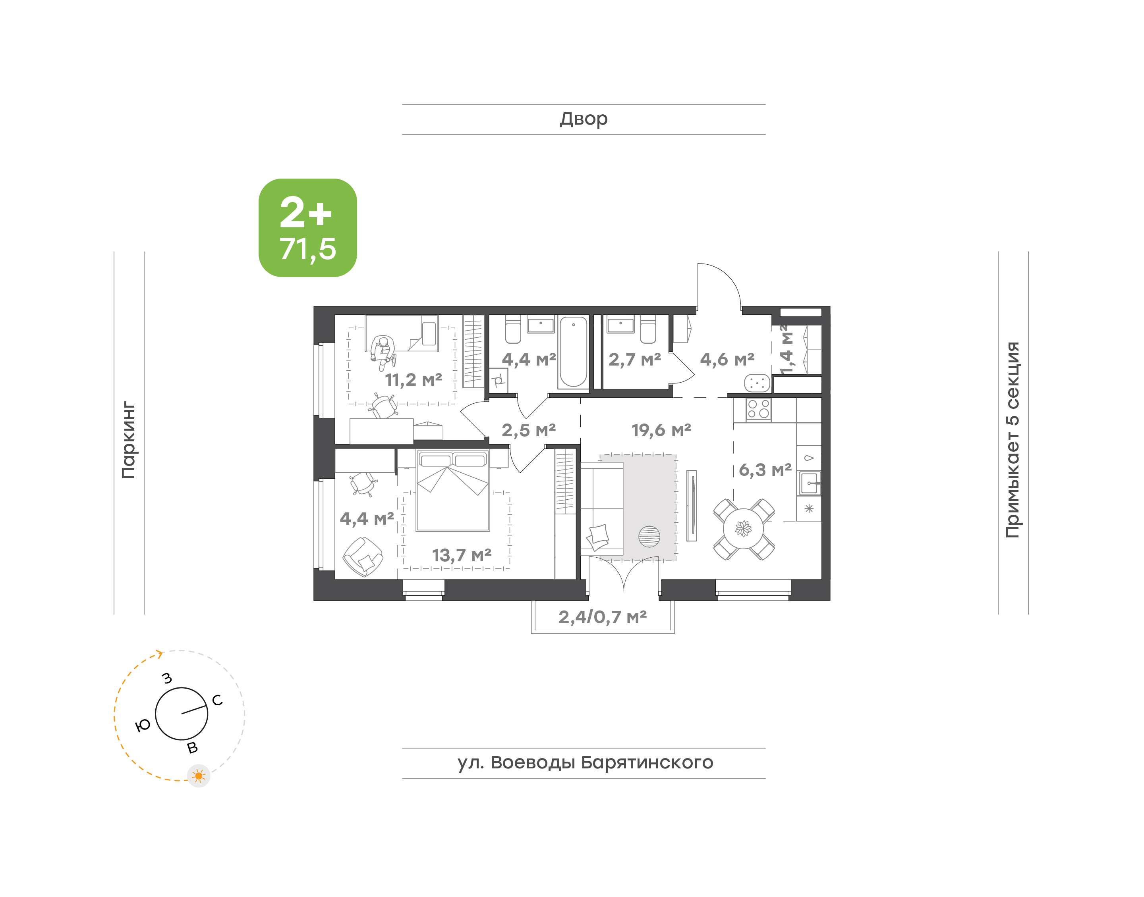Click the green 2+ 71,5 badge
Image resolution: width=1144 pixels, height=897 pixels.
307,227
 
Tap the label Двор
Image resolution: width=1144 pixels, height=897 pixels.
583,119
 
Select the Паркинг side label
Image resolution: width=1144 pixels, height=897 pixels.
129,440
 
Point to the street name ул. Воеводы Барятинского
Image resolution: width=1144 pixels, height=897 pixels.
585,762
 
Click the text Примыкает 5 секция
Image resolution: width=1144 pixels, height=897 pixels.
1012,440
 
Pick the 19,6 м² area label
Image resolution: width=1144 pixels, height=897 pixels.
661,431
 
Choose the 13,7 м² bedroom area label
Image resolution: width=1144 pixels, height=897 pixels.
462,555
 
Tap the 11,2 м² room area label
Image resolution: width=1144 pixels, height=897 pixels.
414,380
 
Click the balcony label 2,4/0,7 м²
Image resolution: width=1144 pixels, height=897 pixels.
602,617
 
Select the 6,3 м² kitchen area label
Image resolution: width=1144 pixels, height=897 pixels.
765,470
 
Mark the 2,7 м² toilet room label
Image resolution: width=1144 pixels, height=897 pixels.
635,360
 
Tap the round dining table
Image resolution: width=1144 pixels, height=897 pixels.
744,529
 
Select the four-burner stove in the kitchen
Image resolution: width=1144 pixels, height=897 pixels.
758,410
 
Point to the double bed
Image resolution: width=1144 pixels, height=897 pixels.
453,491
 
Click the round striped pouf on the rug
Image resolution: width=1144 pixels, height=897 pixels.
649,537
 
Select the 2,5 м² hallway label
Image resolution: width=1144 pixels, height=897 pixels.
529,431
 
